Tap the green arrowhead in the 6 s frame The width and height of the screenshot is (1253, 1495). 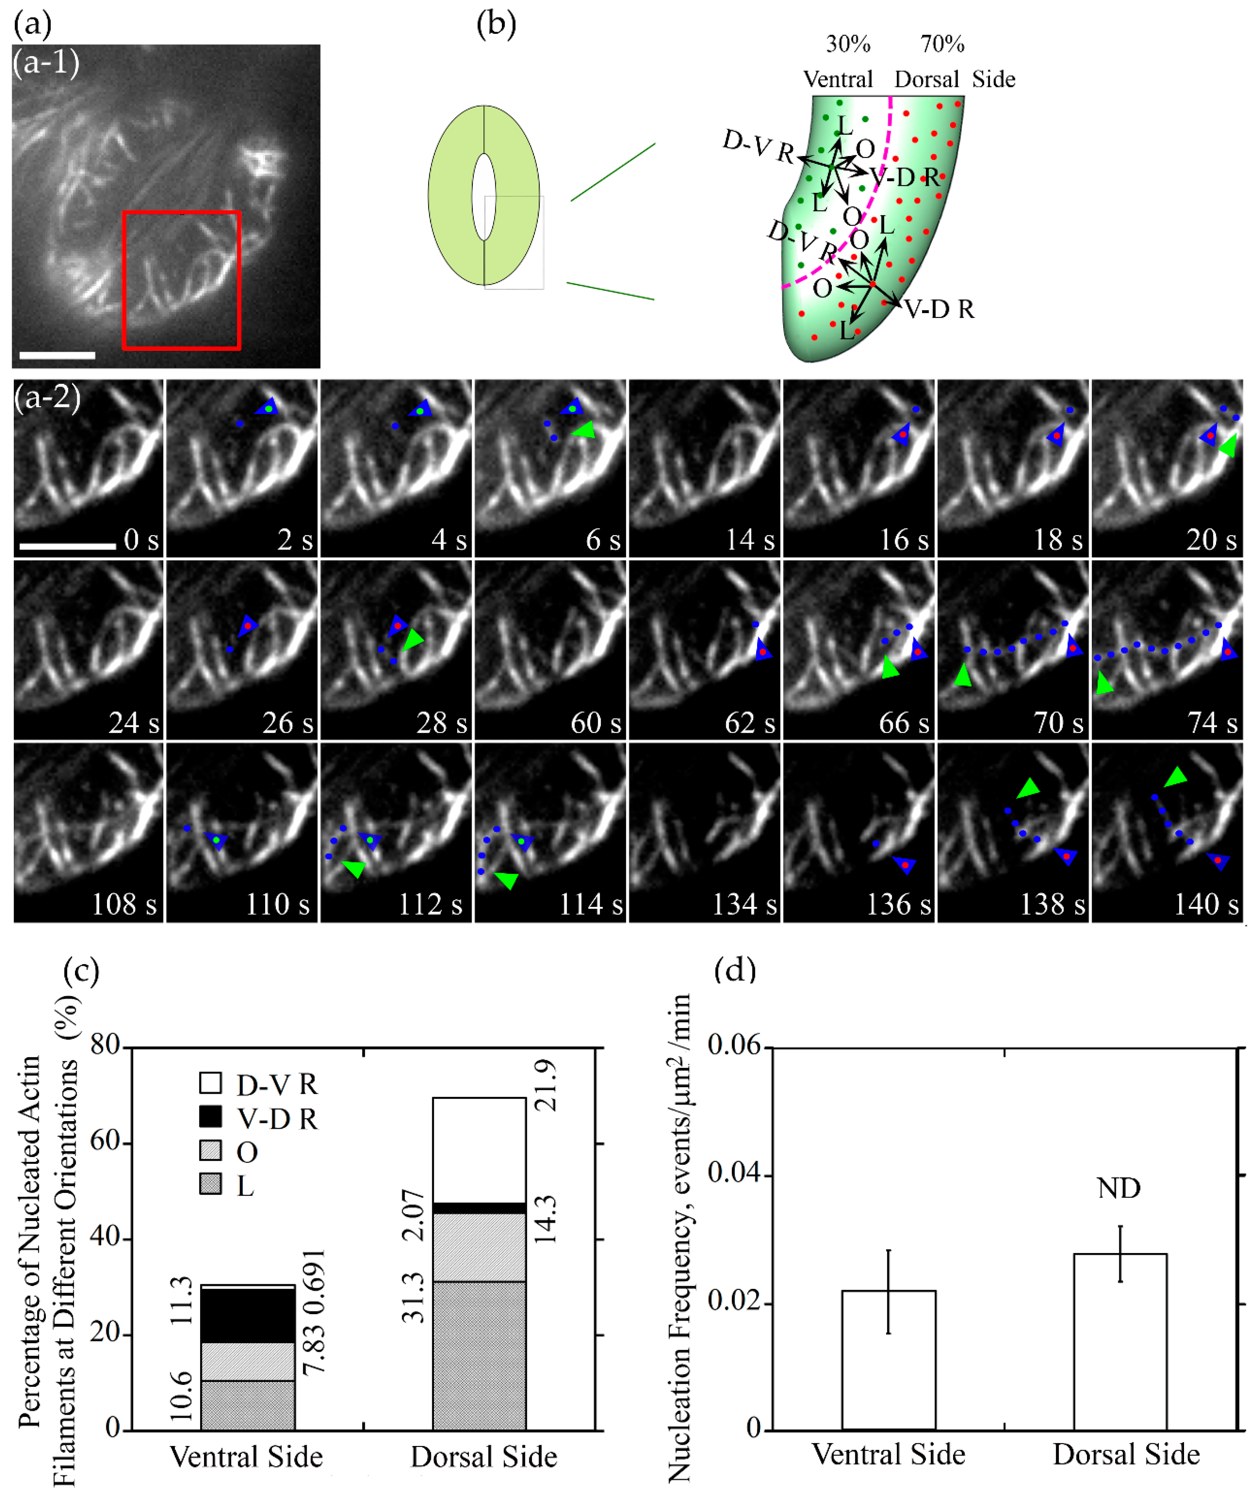(x=584, y=430)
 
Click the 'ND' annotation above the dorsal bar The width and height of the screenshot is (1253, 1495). (x=1118, y=1188)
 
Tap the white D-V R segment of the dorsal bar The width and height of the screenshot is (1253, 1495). (x=479, y=1150)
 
